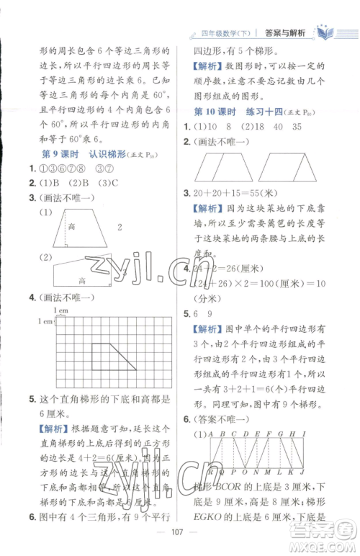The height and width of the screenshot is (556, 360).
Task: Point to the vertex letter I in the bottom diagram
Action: (317, 434)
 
